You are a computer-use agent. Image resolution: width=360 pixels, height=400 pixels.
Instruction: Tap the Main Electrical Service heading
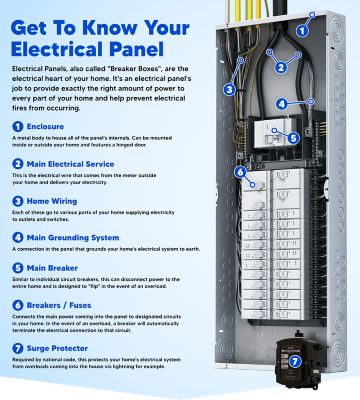pyautogui.click(x=69, y=190)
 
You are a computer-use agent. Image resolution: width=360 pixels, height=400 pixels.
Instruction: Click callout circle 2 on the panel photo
pyautogui.click(x=282, y=68)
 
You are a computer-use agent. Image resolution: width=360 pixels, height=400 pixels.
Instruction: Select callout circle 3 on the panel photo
pyautogui.click(x=229, y=89)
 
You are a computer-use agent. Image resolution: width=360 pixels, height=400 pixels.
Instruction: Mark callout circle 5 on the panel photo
pyautogui.click(x=293, y=138)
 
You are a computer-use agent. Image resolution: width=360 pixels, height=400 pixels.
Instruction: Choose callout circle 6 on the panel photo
pyautogui.click(x=240, y=171)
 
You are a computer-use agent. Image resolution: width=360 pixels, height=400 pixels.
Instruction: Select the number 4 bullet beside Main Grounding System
pyautogui.click(x=17, y=265)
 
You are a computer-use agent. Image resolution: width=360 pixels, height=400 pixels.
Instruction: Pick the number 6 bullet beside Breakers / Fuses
pyautogui.click(x=17, y=332)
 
